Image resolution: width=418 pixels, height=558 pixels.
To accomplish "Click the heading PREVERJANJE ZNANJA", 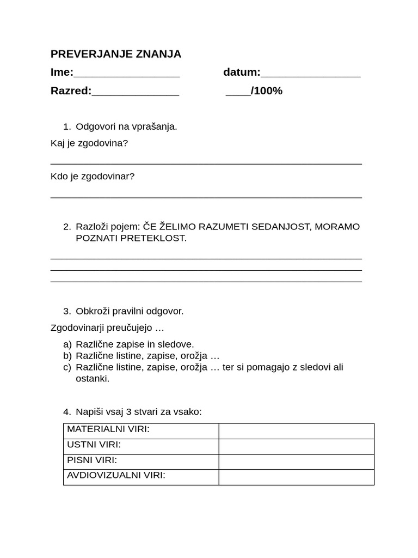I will pyautogui.click(x=115, y=54).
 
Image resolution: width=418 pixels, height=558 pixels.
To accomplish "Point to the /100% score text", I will pyautogui.click(x=266, y=91).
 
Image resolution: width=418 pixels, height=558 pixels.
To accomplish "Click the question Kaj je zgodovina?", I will pyautogui.click(x=89, y=143).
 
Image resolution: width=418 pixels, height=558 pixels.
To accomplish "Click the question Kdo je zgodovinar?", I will pyautogui.click(x=93, y=177).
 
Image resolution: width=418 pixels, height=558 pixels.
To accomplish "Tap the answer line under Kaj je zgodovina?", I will pyautogui.click(x=206, y=163).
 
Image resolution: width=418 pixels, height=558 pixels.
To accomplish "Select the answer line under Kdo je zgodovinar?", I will pyautogui.click(x=206, y=197).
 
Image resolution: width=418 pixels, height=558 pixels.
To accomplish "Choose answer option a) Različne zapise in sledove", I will pyautogui.click(x=134, y=344).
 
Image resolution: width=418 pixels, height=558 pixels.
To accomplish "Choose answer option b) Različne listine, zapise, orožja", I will pyautogui.click(x=147, y=356).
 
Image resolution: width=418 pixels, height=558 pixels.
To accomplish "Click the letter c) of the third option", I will pyautogui.click(x=67, y=367).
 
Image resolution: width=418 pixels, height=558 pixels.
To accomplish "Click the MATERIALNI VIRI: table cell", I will pyautogui.click(x=141, y=430).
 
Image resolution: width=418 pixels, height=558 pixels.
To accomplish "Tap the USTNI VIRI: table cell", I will pyautogui.click(x=141, y=446).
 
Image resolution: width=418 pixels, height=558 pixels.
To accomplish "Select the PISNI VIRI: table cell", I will pyautogui.click(x=141, y=462).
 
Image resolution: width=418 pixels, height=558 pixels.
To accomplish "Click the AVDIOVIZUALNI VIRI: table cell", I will pyautogui.click(x=141, y=477).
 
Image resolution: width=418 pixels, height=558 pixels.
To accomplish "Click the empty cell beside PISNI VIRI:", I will pyautogui.click(x=296, y=462).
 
